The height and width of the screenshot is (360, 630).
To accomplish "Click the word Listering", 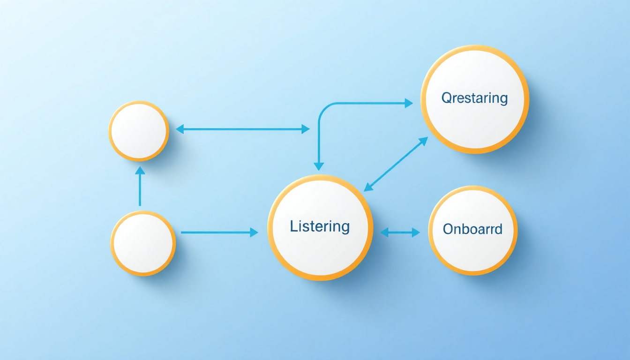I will coord(320,226).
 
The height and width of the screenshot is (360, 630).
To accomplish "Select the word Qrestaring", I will coord(474,98).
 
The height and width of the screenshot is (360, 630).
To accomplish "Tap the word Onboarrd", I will coord(472,229).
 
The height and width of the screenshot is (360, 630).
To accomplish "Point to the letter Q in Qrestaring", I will coord(447,98).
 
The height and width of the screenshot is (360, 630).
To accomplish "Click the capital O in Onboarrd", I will coord(448,229).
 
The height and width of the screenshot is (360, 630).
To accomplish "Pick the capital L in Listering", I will coord(293,226).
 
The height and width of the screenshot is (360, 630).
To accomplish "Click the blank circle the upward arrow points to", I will coord(139,131).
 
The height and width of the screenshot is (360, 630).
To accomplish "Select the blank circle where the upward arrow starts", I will coord(143,243).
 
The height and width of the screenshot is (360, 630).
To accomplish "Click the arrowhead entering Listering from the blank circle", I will coord(254,232).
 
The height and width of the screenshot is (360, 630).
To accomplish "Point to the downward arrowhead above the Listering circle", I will coord(319,166).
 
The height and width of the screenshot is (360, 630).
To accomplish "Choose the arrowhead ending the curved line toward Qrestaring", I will coord(409,103).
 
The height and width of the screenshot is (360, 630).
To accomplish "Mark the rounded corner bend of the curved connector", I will coord(323,108).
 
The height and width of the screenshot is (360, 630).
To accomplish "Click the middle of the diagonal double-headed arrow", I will coord(396,164).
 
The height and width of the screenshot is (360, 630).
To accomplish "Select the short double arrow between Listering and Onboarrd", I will coord(400,232).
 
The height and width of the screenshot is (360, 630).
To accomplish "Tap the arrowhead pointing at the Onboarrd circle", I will coord(416,232).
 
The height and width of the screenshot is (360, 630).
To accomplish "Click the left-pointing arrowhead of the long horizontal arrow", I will coord(180,129).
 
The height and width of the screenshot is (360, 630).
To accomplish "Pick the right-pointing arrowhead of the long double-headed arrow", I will coord(306,129).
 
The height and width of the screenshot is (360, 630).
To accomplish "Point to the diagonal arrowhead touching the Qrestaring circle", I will coord(424,141).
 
